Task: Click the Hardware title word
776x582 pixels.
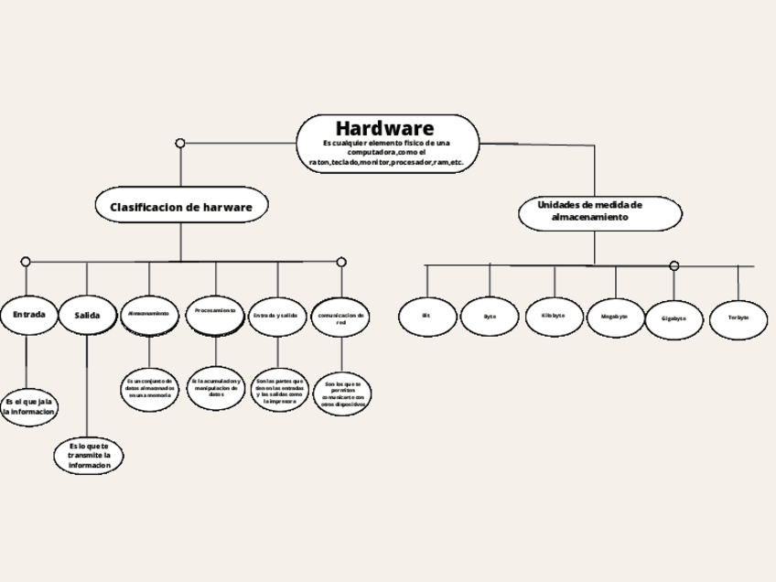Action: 384,127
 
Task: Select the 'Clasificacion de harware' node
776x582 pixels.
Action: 181,207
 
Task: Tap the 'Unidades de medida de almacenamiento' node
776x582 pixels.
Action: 600,212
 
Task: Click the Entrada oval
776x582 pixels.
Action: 28,315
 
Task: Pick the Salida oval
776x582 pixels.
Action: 88,316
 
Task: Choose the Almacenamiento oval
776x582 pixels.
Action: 149,314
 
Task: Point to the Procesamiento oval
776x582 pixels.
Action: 216,312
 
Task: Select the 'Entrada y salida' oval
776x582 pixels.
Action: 276,315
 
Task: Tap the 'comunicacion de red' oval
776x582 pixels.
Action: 341,318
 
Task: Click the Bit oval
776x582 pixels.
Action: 426,316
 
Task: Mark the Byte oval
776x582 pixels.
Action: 490,316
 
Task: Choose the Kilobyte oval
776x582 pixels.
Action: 553,316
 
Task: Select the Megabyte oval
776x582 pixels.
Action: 615,317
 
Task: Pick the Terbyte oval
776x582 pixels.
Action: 738,318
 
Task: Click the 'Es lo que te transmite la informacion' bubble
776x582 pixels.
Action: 89,456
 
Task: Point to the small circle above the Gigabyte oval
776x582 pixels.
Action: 674,266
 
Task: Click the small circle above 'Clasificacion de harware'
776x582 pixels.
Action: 180,143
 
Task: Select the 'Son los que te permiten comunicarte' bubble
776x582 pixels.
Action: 342,393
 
